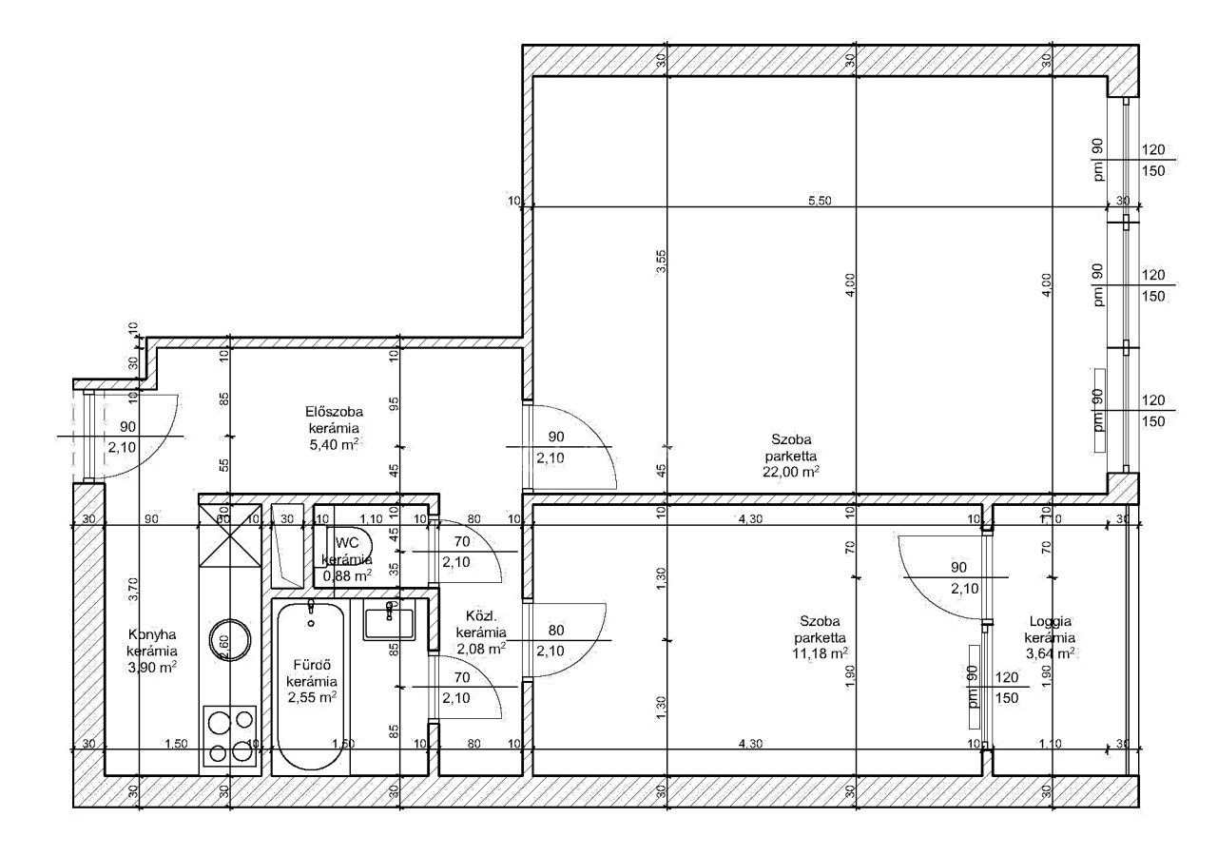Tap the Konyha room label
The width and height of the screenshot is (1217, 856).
[x=151, y=635]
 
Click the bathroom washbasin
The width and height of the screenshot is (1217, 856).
[x=389, y=622]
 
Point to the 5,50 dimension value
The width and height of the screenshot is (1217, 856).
[x=821, y=201]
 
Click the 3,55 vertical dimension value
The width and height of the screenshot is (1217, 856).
[x=662, y=263]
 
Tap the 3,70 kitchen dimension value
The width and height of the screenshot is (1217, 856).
[x=134, y=592]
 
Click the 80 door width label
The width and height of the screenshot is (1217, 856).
[x=557, y=630]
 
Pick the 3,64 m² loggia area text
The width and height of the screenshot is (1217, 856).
[x=1050, y=653]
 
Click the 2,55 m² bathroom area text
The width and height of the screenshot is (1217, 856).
[x=312, y=697]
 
